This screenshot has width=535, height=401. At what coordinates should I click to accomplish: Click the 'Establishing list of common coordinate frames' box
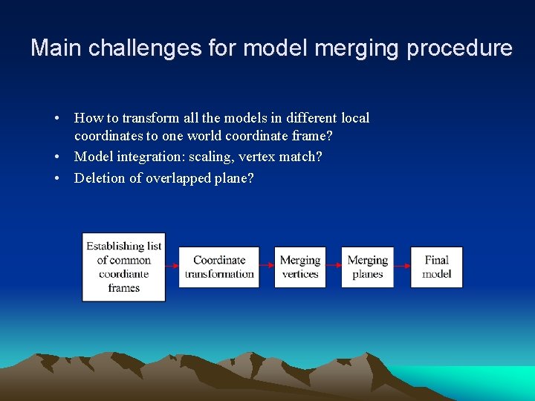pyautogui.click(x=123, y=267)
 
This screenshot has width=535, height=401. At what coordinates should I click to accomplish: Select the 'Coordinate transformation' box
pyautogui.click(x=219, y=267)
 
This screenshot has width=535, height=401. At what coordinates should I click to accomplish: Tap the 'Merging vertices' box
pyautogui.click(x=300, y=267)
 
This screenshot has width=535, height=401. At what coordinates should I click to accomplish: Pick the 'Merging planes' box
pyautogui.click(x=367, y=267)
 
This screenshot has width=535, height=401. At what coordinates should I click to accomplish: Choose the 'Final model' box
pyautogui.click(x=436, y=267)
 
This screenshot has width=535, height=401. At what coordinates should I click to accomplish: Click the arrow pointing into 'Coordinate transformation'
pyautogui.click(x=172, y=266)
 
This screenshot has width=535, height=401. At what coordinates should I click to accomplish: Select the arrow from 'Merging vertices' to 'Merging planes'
pyautogui.click(x=333, y=266)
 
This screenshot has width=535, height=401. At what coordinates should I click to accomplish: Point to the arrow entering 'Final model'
pyautogui.click(x=402, y=266)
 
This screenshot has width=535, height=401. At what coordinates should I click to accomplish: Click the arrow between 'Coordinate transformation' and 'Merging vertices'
pyautogui.click(x=267, y=266)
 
